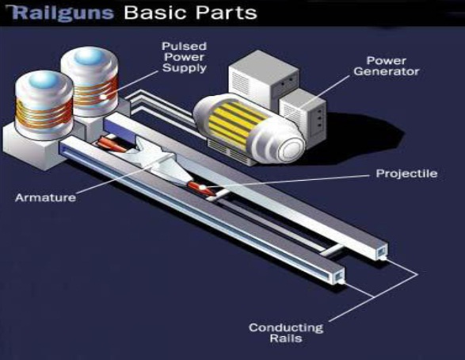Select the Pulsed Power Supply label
[184, 57]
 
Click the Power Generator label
[386, 66]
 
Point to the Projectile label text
[406, 174]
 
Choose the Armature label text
[45, 197]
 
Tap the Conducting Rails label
[286, 333]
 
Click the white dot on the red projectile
[203, 187]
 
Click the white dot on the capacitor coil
[103, 97]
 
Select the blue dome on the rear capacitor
[90, 56]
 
